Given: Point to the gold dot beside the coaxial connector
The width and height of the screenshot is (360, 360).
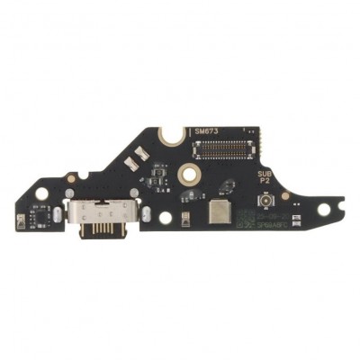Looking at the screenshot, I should [x=285, y=195].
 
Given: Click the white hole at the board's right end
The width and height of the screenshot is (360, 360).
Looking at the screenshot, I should [x=323, y=210].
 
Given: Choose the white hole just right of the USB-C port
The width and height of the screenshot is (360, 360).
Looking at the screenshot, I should [x=165, y=216].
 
